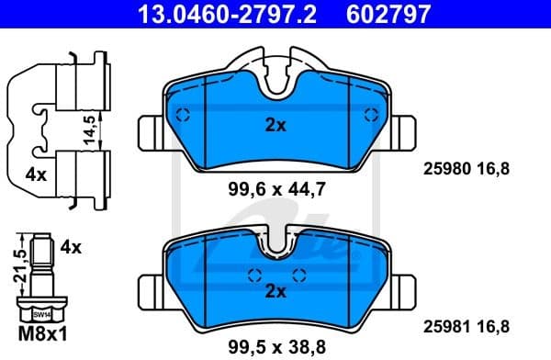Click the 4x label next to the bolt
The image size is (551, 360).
[72, 247]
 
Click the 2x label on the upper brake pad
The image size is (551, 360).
[275, 126]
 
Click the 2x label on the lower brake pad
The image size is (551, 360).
[275, 291]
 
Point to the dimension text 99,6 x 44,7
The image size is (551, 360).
[275, 190]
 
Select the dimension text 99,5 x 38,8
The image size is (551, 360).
[275, 346]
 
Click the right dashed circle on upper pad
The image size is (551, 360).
[370, 115]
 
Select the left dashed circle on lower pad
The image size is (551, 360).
[254, 273]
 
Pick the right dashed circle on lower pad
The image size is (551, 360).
[297, 273]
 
